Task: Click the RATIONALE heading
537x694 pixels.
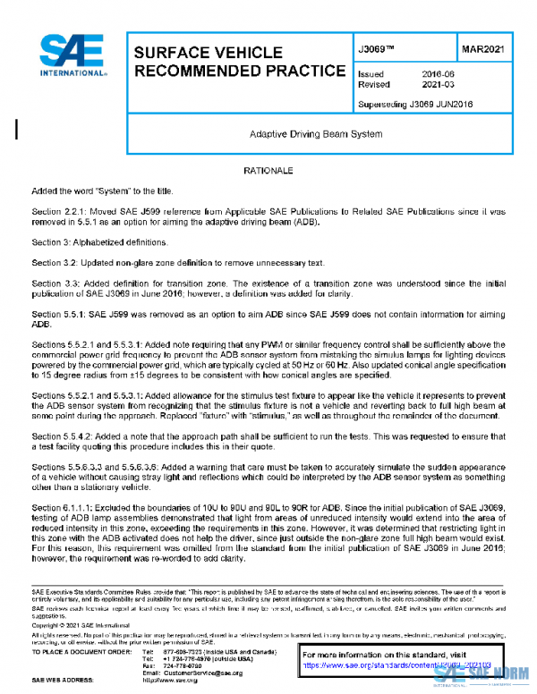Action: coord(268,170)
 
